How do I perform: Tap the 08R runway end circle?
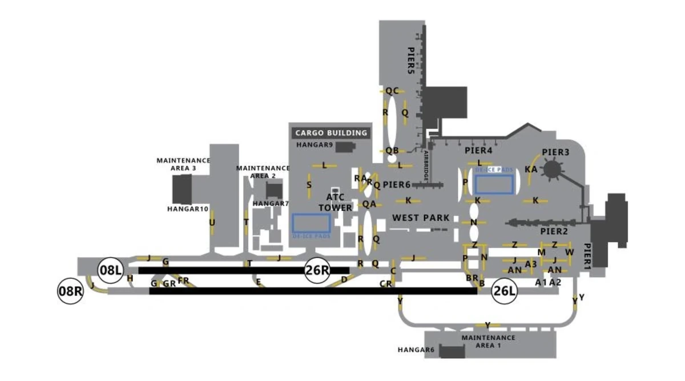tap(71, 291)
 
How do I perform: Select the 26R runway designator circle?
tap(317, 270)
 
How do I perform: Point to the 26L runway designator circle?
tap(505, 291)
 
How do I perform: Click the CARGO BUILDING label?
tap(331, 133)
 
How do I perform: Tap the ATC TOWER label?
tap(335, 202)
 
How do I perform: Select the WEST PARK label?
tap(421, 218)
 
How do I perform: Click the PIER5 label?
tap(410, 61)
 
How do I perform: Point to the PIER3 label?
tap(555, 152)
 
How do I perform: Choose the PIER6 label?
tap(397, 185)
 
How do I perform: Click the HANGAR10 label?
tap(188, 209)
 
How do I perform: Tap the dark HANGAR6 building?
tap(452, 351)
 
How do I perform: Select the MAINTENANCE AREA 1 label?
tap(488, 341)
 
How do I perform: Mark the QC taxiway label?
tap(392, 91)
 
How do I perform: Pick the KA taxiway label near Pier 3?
tap(531, 169)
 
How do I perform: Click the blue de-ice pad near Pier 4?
tap(494, 185)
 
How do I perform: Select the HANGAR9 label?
tap(315, 145)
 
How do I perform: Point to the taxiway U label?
tap(212, 222)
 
